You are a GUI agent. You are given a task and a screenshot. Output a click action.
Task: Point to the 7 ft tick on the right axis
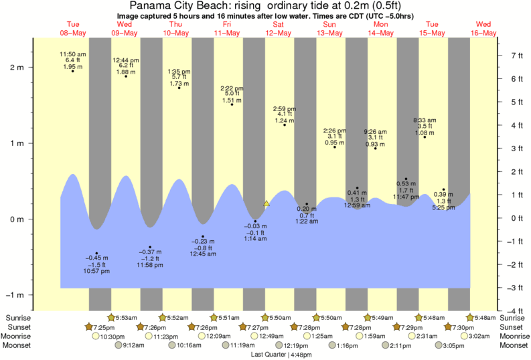coord(511,56)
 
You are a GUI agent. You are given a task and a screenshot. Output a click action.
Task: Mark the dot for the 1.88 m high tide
coord(125,76)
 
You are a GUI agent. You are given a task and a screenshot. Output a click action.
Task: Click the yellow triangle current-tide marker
coord(267,203)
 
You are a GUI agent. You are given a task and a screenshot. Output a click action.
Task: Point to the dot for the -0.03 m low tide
coord(255,221)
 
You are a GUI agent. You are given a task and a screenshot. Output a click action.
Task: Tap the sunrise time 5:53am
coord(125,317)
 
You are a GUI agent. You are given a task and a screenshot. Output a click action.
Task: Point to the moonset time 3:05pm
coord(453,345)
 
